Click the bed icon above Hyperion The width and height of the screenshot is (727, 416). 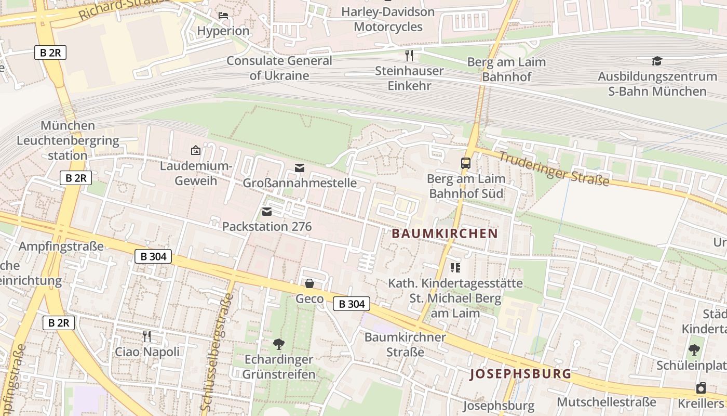[223, 15]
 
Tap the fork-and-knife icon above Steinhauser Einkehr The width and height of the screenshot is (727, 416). [409, 55]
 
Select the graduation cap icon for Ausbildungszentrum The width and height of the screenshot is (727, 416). [657, 61]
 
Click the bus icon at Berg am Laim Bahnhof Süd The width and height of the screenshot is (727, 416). [465, 163]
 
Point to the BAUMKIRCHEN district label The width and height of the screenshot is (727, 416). [445, 233]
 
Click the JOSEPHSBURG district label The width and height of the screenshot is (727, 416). [520, 374]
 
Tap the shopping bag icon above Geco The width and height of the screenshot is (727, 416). [309, 283]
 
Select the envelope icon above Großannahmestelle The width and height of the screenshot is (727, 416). [299, 167]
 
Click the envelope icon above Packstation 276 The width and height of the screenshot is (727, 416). [267, 211]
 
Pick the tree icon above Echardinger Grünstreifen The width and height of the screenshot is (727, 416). [279, 344]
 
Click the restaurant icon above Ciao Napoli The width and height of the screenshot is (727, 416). [147, 336]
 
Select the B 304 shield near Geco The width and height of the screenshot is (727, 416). [352, 304]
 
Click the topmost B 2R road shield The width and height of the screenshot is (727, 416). [50, 52]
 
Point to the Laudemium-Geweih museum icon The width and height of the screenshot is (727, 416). [196, 150]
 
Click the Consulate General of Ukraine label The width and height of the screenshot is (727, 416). [279, 68]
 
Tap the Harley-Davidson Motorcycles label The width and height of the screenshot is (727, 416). [388, 19]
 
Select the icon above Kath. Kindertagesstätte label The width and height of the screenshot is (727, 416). [455, 268]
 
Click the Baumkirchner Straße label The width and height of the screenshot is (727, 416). [405, 344]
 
